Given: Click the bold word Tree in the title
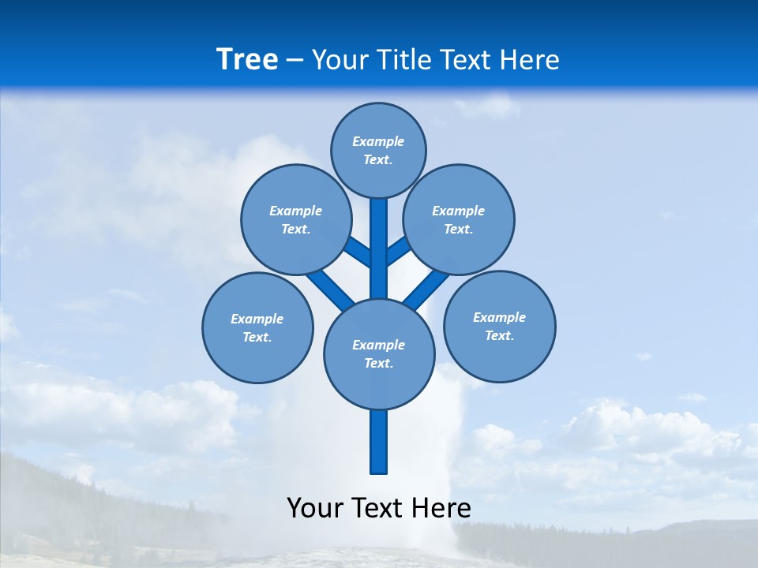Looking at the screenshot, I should [x=247, y=59].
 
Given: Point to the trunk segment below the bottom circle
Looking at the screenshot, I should [x=379, y=442].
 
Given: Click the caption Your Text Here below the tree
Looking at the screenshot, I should [x=379, y=508].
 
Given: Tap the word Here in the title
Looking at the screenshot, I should [x=531, y=60].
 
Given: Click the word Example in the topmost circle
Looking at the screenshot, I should [x=378, y=142].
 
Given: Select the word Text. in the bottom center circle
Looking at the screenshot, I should [x=378, y=364].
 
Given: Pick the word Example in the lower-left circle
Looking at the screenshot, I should [x=257, y=319].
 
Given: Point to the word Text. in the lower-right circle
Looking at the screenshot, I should [x=499, y=336].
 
